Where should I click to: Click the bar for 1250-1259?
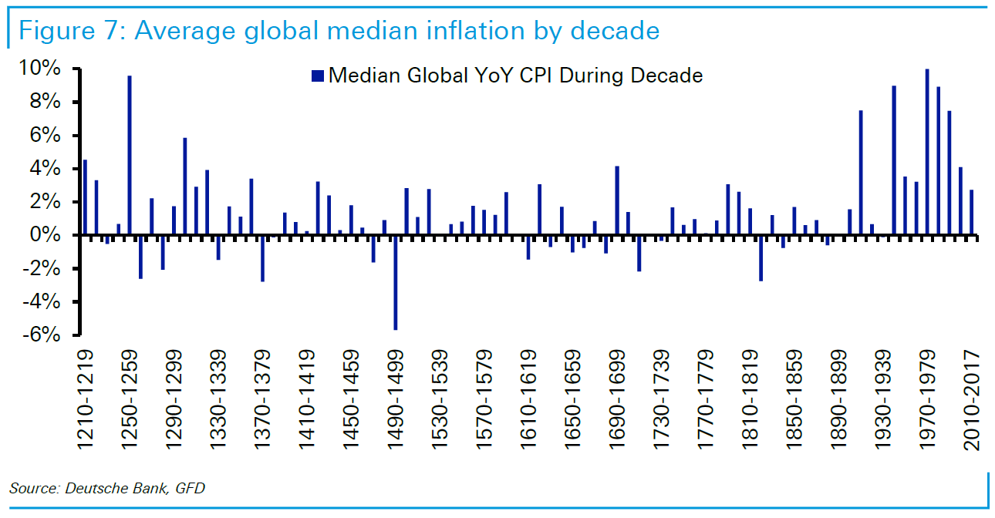[130, 155]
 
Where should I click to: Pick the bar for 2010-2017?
[972, 212]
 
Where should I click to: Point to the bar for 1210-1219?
[85, 197]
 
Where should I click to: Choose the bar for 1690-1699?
[617, 200]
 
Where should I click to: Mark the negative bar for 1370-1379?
[262, 258]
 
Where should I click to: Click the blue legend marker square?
[316, 76]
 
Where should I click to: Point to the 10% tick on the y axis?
[78, 69]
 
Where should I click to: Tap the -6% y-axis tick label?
[47, 335]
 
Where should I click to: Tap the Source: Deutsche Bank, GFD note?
[108, 488]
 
